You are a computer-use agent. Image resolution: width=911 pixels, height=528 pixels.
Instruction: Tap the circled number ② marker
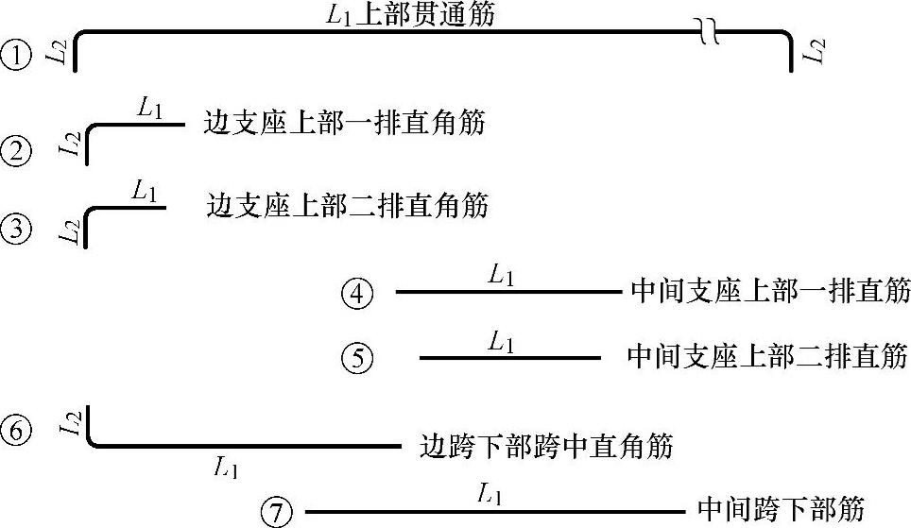(16, 150)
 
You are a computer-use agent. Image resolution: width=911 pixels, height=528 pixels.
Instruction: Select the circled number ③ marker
(16, 228)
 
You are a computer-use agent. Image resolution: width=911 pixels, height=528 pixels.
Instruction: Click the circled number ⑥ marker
(16, 430)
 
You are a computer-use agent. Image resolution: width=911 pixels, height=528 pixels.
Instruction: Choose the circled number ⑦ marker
(275, 513)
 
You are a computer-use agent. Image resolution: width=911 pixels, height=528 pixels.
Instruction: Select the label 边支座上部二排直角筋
(346, 205)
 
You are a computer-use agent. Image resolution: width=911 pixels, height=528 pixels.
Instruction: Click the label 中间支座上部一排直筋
(768, 292)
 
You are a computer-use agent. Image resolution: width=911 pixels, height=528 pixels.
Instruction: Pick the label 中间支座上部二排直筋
(767, 356)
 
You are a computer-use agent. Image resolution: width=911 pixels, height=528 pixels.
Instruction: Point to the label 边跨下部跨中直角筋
(545, 446)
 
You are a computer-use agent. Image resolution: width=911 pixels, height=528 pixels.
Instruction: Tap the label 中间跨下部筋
(781, 509)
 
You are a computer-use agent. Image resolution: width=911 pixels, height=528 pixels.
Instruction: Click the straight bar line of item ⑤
(509, 358)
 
